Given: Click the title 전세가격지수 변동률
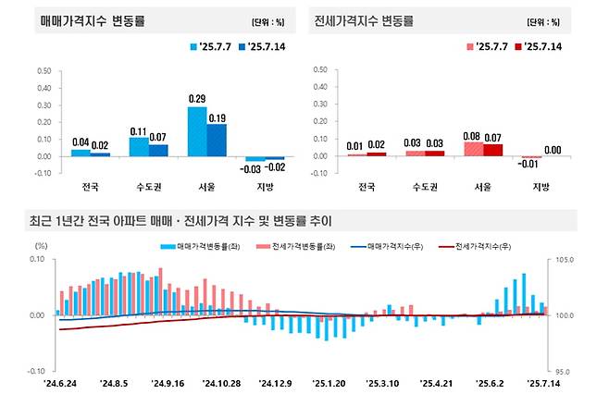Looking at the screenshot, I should pyautogui.click(x=363, y=19).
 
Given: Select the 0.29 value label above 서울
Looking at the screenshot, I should pyautogui.click(x=197, y=98).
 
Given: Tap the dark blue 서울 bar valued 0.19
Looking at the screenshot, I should pyautogui.click(x=216, y=140).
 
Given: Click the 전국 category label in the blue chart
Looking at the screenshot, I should pyautogui.click(x=81, y=186).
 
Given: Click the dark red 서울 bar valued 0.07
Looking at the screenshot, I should pyautogui.click(x=492, y=150).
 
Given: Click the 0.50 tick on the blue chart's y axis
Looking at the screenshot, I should pyautogui.click(x=43, y=70).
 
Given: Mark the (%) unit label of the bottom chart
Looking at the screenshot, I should pyautogui.click(x=41, y=246).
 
